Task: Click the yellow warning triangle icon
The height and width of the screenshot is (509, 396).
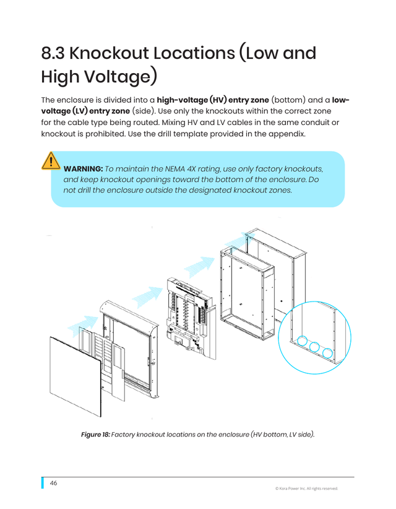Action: coord(51,161)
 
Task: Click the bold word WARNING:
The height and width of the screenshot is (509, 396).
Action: coord(84,169)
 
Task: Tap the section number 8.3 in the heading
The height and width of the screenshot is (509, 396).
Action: coord(53,53)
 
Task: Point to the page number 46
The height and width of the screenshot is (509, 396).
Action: coord(53,483)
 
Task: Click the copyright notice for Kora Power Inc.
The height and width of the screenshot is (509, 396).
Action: coord(306,488)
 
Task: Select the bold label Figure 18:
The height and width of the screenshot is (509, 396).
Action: coord(95,434)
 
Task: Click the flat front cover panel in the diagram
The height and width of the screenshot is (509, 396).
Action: coord(75,376)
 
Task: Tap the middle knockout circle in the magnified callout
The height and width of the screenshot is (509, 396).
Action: coord(314,347)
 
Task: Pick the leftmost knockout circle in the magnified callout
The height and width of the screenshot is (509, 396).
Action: coord(303,341)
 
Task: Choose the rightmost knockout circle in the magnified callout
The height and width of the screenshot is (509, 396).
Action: coord(327,353)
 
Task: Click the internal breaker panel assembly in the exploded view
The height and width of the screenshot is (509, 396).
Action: coord(191,318)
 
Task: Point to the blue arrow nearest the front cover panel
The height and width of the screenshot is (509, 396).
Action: coord(83,325)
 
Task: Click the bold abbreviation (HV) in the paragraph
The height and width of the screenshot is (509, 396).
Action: coord(218,100)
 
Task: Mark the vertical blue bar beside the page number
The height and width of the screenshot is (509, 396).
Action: coord(43,483)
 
